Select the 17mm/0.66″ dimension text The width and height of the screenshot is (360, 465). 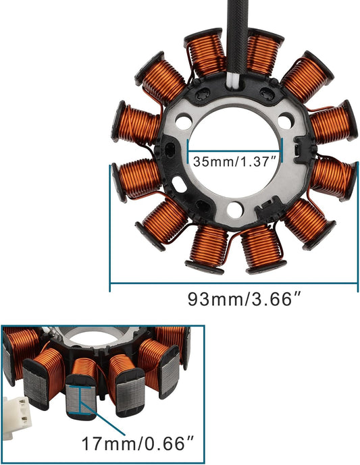pos(138,444)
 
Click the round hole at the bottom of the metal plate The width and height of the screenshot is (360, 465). pos(234,210)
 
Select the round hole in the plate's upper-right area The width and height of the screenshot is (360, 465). pos(285,122)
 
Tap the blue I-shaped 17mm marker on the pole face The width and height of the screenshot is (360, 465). pos(81,399)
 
